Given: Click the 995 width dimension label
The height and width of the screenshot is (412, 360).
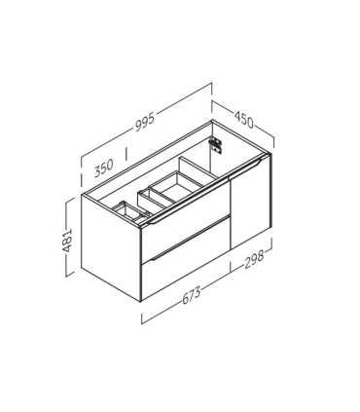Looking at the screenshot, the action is (x=145, y=123).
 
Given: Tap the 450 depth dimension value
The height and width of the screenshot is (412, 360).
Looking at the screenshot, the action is (x=243, y=120).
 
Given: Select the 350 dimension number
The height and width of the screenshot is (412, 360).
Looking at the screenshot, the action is (x=104, y=168).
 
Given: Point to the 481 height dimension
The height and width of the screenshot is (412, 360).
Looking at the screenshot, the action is (x=67, y=241).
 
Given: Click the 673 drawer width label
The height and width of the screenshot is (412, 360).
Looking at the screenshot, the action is (x=192, y=295).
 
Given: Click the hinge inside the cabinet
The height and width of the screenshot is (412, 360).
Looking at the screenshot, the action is (x=215, y=145).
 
